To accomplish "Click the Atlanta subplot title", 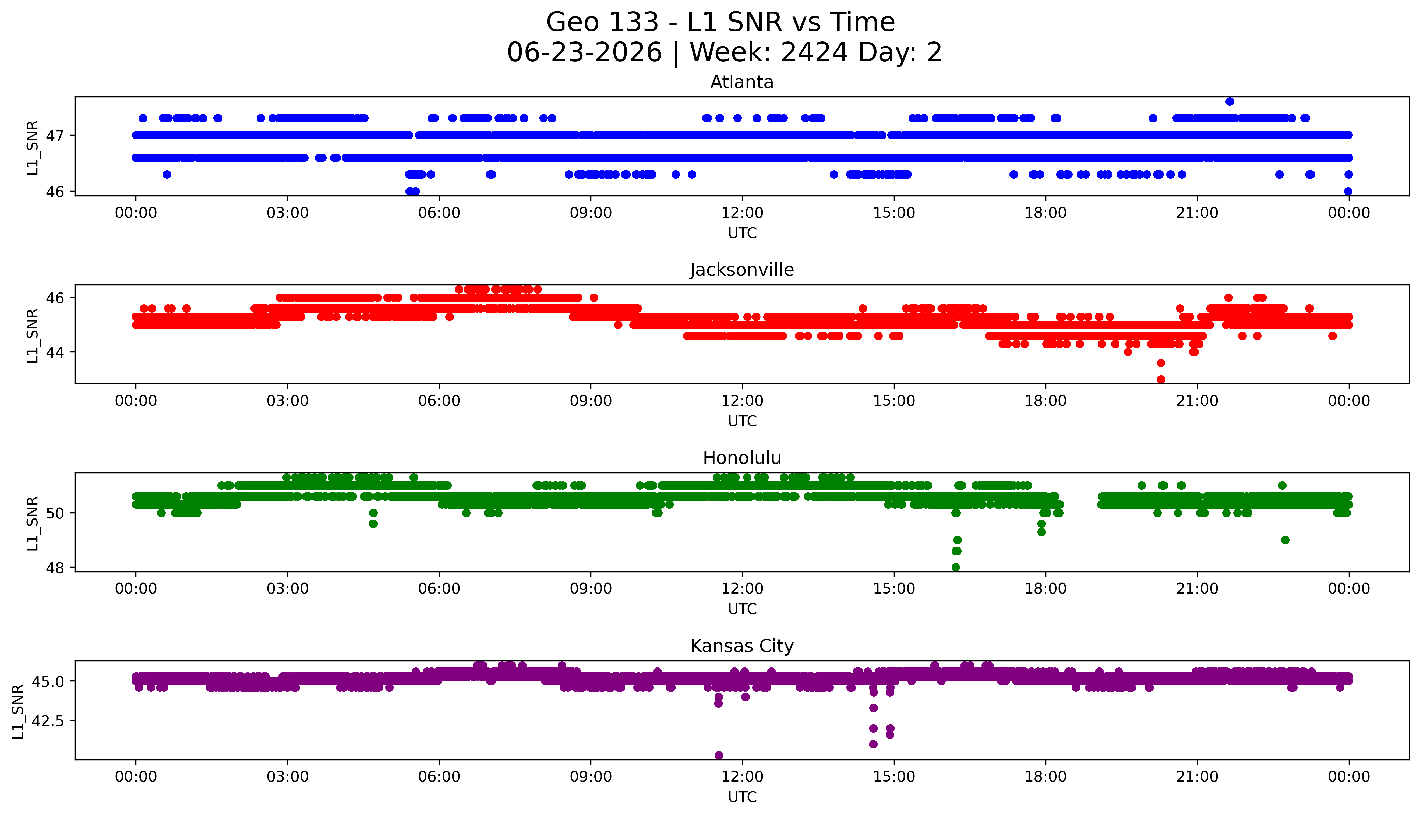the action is pyautogui.click(x=742, y=82).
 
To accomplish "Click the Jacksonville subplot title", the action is pyautogui.click(x=742, y=270).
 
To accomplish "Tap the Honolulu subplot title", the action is pyautogui.click(x=742, y=458).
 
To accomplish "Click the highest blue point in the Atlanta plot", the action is pyautogui.click(x=1230, y=101).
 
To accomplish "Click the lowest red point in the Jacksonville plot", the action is pyautogui.click(x=1161, y=379).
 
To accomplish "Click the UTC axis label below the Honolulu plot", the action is pyautogui.click(x=742, y=609).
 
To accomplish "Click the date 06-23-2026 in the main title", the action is pyautogui.click(x=584, y=53).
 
